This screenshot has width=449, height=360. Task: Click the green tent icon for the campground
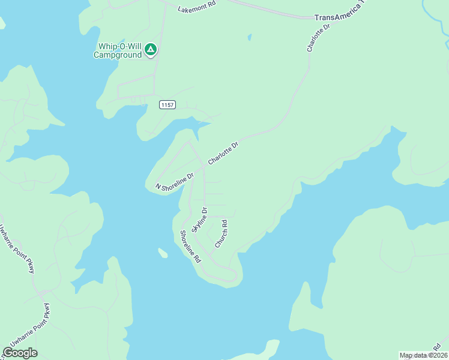[x=151, y=49]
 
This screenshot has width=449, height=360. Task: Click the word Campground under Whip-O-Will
[x=118, y=55]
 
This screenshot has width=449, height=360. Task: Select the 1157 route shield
[x=167, y=105]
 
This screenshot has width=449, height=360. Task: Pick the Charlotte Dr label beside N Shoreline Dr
[x=223, y=153]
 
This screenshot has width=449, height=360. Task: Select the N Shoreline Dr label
[x=175, y=181]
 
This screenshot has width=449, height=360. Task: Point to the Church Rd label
[x=221, y=234]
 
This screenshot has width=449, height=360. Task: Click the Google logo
[x=20, y=353]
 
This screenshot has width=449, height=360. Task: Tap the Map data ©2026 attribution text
[x=423, y=355]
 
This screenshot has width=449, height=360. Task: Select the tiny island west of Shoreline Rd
[x=162, y=253]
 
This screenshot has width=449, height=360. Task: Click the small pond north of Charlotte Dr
[x=249, y=37]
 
